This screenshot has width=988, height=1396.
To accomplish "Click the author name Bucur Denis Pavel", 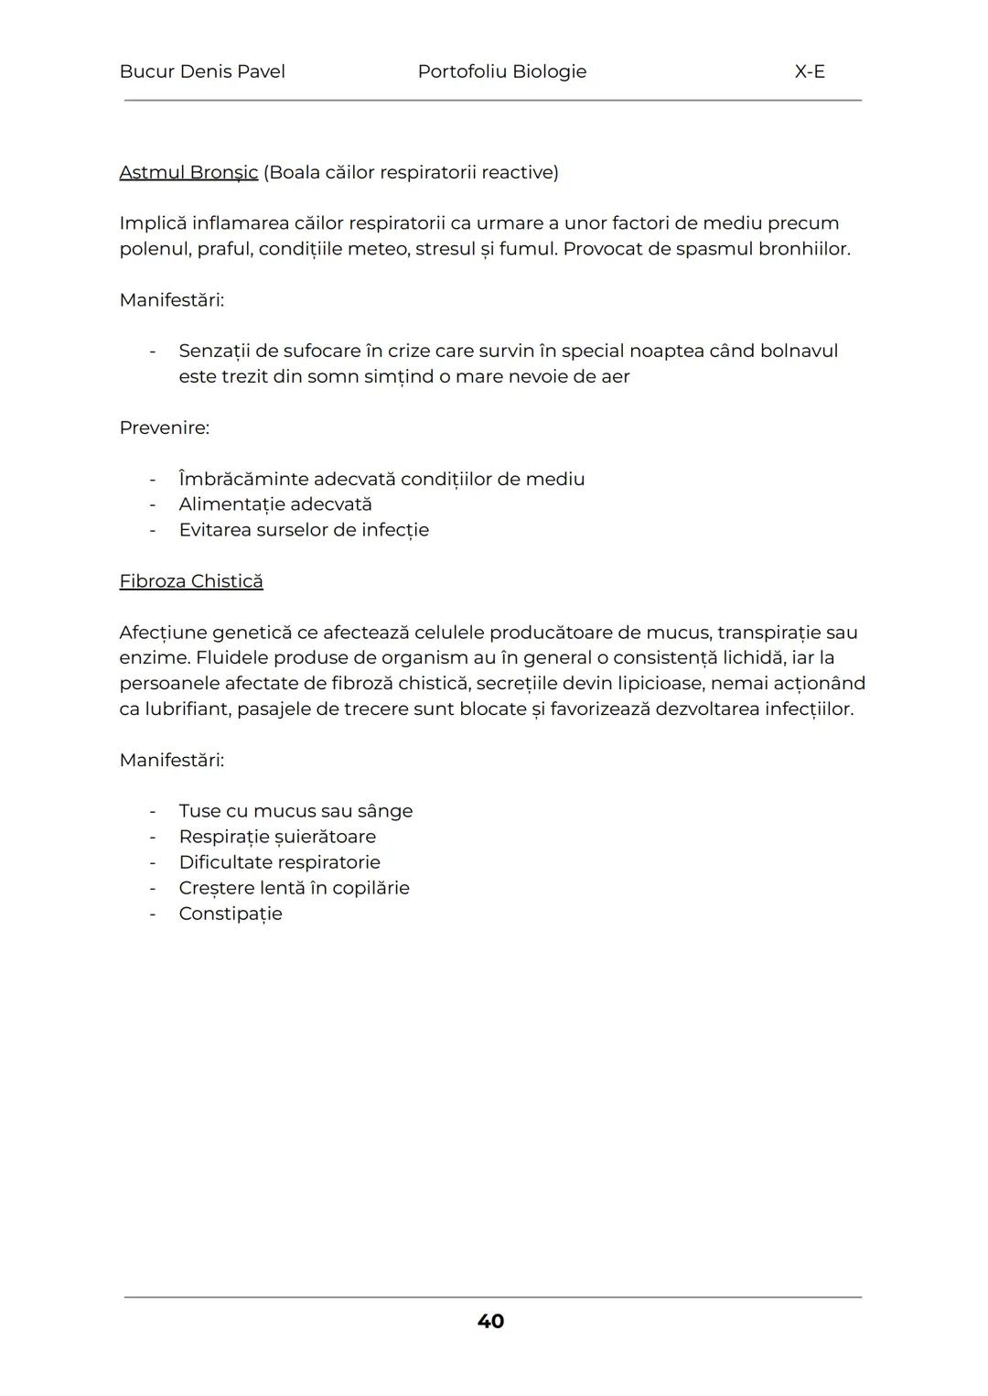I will pyautogui.click(x=202, y=71).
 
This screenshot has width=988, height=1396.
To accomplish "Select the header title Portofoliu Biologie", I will pyautogui.click(x=501, y=71).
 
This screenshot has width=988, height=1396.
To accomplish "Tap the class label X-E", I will pyautogui.click(x=810, y=71).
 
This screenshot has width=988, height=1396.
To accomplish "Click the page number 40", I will pyautogui.click(x=490, y=1321).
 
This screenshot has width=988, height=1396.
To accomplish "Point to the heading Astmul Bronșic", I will pyautogui.click(x=188, y=172).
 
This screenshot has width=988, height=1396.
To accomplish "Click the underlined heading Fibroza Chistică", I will pyautogui.click(x=191, y=581).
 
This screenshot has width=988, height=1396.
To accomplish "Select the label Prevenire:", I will pyautogui.click(x=164, y=427).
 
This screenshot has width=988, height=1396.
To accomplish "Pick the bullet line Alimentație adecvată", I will pyautogui.click(x=275, y=504).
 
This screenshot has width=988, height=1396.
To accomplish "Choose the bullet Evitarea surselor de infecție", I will pyautogui.click(x=304, y=530).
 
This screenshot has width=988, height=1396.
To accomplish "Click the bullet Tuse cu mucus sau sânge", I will pyautogui.click(x=295, y=811).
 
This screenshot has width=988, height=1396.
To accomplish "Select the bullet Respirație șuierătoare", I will pyautogui.click(x=277, y=837).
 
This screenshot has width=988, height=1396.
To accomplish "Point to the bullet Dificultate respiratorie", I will pyautogui.click(x=279, y=862).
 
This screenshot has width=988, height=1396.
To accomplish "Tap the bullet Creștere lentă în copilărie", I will pyautogui.click(x=294, y=888).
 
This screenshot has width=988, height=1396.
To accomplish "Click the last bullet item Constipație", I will pyautogui.click(x=231, y=914).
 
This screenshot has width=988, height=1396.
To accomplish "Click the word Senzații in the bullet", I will pyautogui.click(x=216, y=351).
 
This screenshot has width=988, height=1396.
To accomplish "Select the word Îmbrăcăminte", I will pyautogui.click(x=242, y=479).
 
